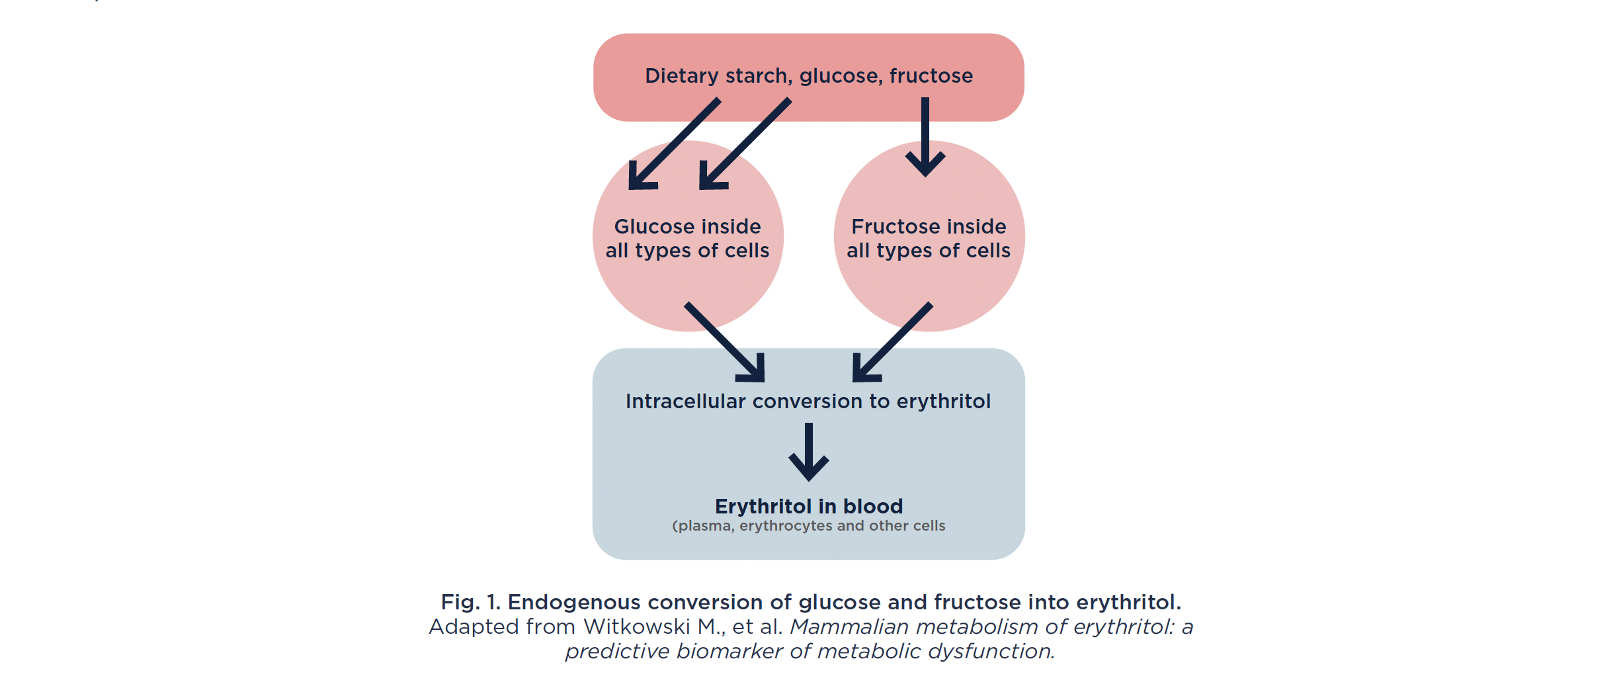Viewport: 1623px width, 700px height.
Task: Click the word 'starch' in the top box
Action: coord(759,76)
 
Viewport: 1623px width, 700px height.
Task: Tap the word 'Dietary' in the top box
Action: coord(682,76)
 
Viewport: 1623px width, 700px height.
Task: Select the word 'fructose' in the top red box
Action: coord(931,76)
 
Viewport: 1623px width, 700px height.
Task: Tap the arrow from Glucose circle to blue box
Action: coord(725,343)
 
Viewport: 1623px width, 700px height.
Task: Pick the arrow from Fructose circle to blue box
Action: coord(893,342)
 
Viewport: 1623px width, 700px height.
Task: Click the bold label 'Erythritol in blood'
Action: coord(809,506)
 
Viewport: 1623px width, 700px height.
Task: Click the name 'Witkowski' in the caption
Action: coord(637,627)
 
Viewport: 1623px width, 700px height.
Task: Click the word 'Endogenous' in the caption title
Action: coord(574,602)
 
